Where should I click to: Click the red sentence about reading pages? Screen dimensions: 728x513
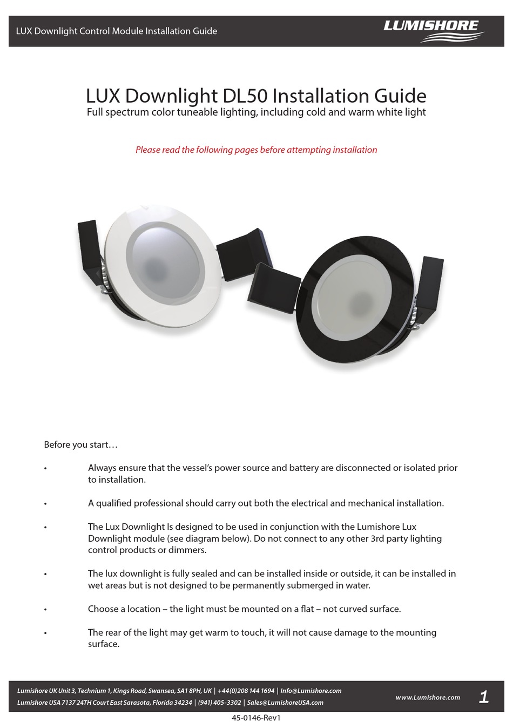pyautogui.click(x=256, y=150)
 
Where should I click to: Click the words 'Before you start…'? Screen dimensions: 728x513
pyautogui.click(x=80, y=444)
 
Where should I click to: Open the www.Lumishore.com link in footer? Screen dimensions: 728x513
pyautogui.click(x=428, y=697)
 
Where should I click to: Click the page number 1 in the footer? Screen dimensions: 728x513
pyautogui.click(x=484, y=697)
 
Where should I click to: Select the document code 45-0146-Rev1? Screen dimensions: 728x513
pyautogui.click(x=256, y=718)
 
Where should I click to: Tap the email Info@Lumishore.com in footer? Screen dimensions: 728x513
pyautogui.click(x=311, y=691)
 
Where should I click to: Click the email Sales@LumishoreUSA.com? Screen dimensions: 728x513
pyautogui.click(x=285, y=703)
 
